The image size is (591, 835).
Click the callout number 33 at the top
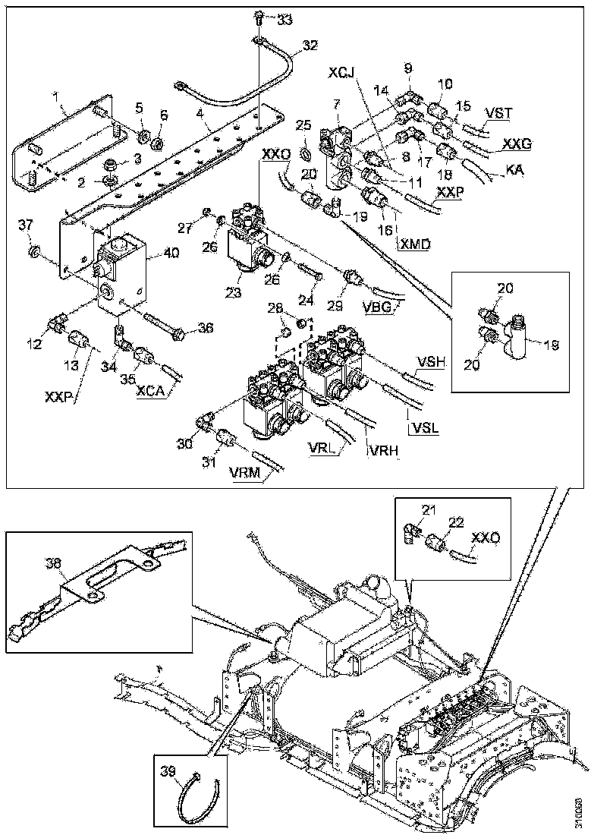pyautogui.click(x=284, y=18)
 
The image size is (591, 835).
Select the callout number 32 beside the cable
pyautogui.click(x=310, y=46)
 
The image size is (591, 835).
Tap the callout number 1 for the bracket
pyautogui.click(x=55, y=98)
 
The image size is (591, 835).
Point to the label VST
pyautogui.click(x=498, y=113)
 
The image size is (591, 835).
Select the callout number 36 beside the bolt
pyautogui.click(x=184, y=328)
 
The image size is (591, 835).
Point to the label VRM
pyautogui.click(x=244, y=475)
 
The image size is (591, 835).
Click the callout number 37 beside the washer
pyautogui.click(x=27, y=224)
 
